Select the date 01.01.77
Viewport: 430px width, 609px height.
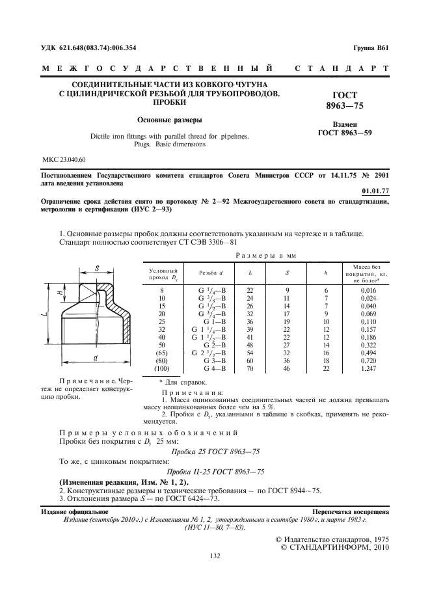coord(375,191)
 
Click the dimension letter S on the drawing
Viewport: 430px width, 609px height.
coord(97,267)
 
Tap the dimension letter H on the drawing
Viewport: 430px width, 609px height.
coord(60,294)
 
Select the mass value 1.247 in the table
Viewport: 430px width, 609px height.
coord(370,368)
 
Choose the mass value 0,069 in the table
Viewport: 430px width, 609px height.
coord(370,314)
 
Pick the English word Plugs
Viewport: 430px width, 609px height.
coord(152,144)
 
